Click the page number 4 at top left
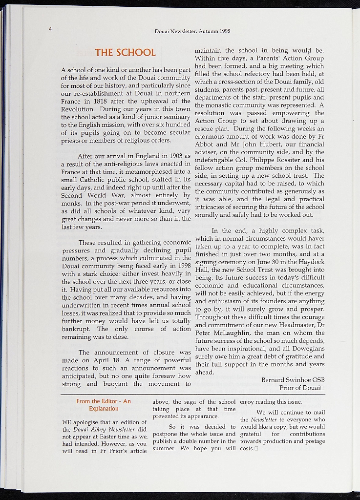point(50,28)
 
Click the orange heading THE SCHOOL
point(126,52)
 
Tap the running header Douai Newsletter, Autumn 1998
point(192,31)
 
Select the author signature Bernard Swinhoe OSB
point(293,380)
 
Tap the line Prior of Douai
point(299,388)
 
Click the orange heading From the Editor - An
point(104,401)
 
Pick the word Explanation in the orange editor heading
point(104,409)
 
